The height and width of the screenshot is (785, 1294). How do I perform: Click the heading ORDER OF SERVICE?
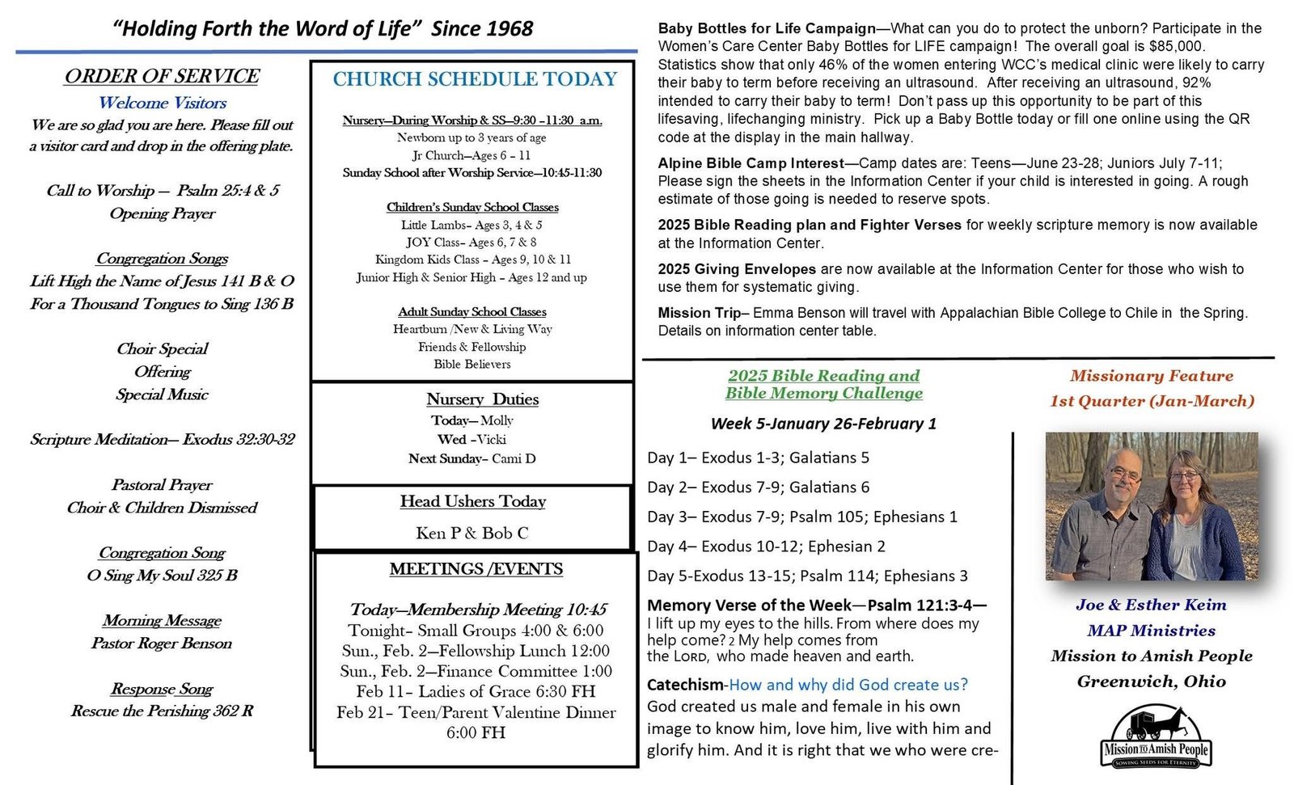coord(162,76)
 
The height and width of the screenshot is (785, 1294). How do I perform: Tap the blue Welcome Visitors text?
coord(162,103)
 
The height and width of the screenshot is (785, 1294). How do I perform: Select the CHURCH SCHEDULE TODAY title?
coord(475,79)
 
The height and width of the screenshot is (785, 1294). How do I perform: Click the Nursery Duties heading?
coord(482,399)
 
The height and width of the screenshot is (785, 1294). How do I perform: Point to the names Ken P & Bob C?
coord(472,533)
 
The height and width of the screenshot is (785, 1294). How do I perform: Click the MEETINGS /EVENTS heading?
coord(476,569)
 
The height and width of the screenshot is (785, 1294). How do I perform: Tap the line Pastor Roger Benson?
coord(162,644)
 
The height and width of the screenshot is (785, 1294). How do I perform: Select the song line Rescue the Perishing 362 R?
coord(162,711)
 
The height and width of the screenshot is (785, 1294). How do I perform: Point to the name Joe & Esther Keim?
coord(1151,605)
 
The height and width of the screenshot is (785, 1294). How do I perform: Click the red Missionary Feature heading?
coord(1151,376)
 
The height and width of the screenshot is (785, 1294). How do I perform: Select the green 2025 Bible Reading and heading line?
coord(823,376)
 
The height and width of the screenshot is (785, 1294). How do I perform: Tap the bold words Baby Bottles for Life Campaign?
coord(766,29)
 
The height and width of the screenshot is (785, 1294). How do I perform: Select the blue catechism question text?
coord(848,685)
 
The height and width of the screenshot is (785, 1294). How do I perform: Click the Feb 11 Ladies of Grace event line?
coord(476,692)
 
